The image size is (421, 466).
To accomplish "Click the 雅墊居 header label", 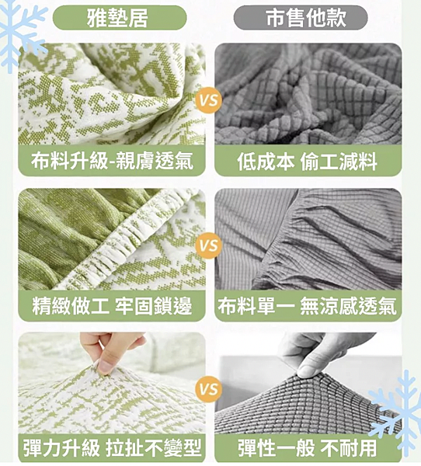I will tap(118, 16).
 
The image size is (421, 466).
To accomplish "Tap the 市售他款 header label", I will tap(306, 16).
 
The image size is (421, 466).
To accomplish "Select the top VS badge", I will tap(209, 100).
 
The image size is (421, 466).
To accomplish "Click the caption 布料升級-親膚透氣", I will tap(112, 161).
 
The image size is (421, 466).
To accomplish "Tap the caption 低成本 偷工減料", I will tap(308, 161).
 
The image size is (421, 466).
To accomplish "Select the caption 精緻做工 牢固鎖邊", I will tap(112, 305).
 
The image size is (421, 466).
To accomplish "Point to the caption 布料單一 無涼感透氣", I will tap(308, 305).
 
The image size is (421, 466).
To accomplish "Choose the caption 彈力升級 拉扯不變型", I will tap(112, 448).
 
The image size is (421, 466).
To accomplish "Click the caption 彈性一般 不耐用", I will tap(308, 448).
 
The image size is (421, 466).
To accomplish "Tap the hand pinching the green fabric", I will tap(113, 349).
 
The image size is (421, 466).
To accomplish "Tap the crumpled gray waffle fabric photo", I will tap(308, 93).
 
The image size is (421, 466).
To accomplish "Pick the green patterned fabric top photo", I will tap(112, 93).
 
